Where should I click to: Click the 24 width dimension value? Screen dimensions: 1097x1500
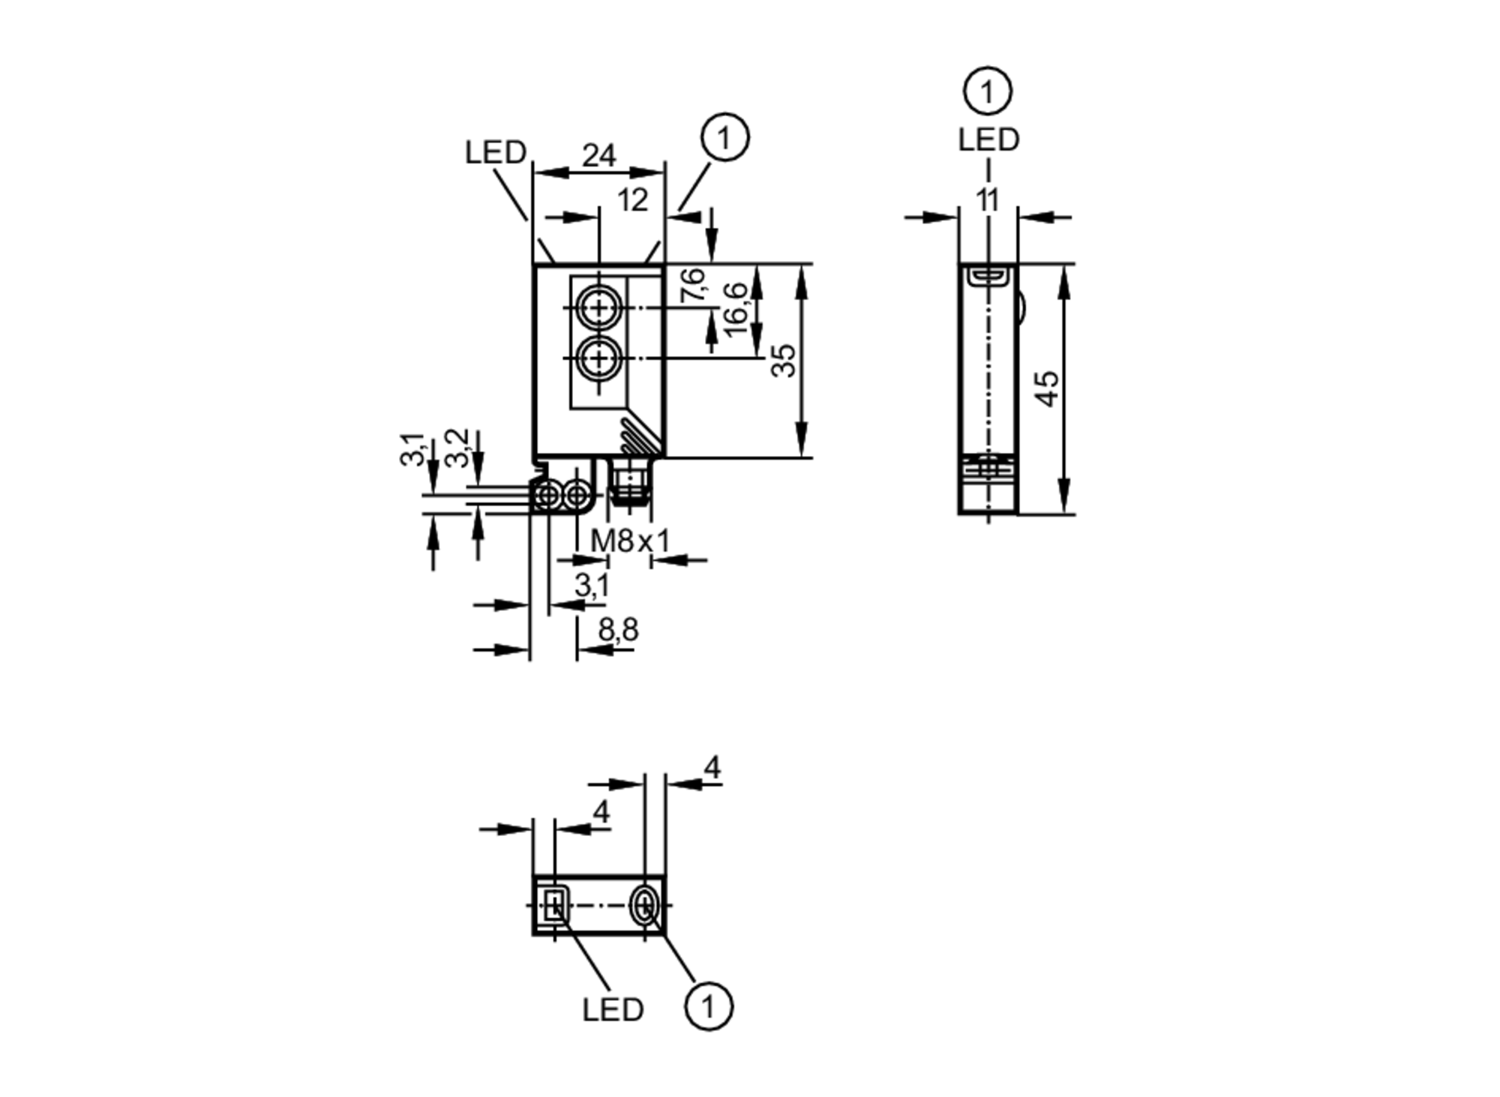pos(598,156)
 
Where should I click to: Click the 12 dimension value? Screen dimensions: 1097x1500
pos(632,200)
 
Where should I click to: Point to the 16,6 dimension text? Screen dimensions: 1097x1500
pos(736,307)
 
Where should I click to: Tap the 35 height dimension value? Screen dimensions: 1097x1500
pos(784,360)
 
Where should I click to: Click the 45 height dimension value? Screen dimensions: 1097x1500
pos(1048,388)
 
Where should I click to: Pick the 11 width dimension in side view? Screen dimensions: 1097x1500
pos(988,200)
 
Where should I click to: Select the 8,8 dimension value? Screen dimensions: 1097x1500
pos(618,630)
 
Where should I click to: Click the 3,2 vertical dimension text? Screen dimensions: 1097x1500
pos(456,448)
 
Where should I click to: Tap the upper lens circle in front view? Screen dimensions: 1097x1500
pos(598,308)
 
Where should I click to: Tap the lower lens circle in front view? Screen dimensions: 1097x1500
pos(598,358)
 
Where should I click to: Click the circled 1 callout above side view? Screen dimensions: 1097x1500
pos(987,91)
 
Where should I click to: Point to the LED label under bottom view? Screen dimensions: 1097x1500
pos(613,1010)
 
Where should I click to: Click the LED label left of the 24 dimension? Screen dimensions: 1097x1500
pos(495,153)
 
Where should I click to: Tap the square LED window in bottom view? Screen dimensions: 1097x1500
pos(554,906)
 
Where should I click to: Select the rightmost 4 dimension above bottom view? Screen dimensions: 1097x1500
pos(712,767)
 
